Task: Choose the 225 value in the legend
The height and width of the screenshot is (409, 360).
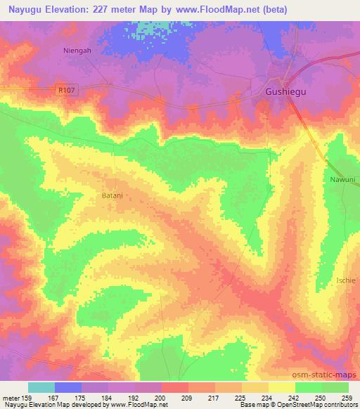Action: click(241, 398)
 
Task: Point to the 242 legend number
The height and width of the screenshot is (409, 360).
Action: click(295, 398)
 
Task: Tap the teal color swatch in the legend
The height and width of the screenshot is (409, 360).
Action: click(41, 387)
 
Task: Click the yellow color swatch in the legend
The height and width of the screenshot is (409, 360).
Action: click(281, 387)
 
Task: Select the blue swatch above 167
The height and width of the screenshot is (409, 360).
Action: click(68, 387)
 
